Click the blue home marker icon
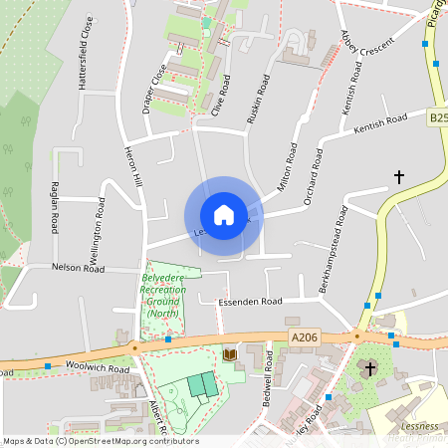pyautogui.click(x=223, y=215)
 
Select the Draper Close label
pyautogui.click(x=154, y=89)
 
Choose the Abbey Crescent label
pyautogui.click(x=367, y=47)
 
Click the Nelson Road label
pyautogui.click(x=79, y=268)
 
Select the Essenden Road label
pyautogui.click(x=253, y=300)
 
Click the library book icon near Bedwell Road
pyautogui.click(x=230, y=354)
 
